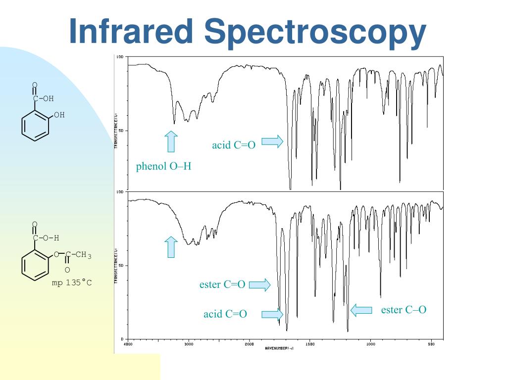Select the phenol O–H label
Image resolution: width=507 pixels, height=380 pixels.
click(163, 167)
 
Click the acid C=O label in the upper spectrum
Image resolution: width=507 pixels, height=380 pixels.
click(234, 145)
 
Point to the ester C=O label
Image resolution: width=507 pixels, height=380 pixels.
click(222, 285)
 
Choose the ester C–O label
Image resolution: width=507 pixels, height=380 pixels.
click(404, 310)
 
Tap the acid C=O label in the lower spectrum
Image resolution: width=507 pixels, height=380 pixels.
click(225, 314)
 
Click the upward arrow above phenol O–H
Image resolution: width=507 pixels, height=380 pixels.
click(171, 141)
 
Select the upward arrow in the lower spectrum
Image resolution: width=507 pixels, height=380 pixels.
click(171, 247)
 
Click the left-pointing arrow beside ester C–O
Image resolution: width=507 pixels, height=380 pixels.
click(361, 310)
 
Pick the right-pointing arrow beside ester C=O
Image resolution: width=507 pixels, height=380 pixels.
click(259, 285)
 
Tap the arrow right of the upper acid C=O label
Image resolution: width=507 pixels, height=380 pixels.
click(272, 142)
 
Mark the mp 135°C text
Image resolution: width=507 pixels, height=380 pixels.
click(72, 284)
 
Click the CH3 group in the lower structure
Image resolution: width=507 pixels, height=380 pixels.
click(83, 255)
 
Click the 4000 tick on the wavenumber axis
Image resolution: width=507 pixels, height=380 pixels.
click(128, 343)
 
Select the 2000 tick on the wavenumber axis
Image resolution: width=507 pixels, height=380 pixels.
click(249, 343)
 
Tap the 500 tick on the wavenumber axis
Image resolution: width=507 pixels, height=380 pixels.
click(431, 343)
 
